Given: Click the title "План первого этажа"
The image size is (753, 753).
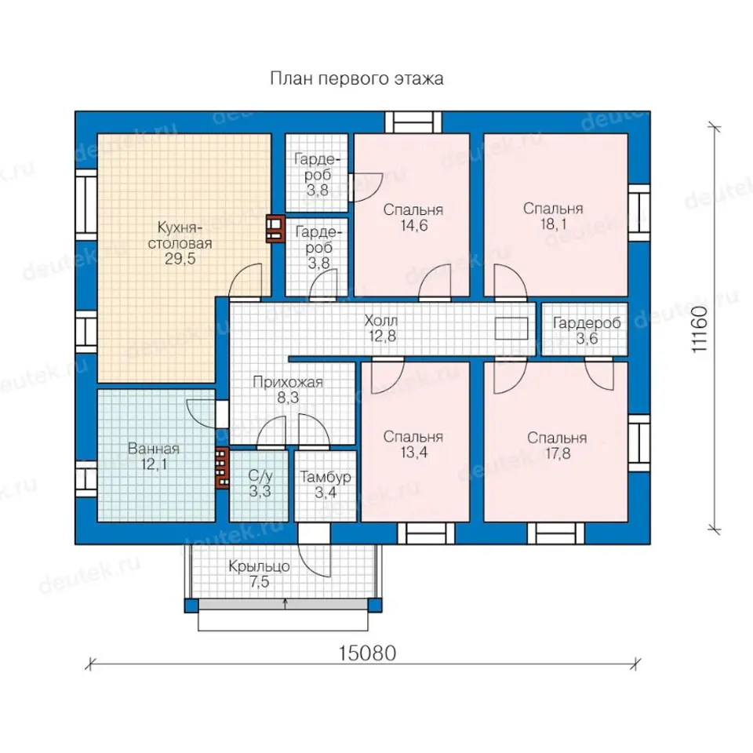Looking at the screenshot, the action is (x=357, y=78).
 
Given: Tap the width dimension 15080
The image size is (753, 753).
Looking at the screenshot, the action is (x=367, y=653).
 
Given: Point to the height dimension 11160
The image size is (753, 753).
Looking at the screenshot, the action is (x=700, y=329).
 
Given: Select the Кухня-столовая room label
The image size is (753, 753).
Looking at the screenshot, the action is (x=180, y=235).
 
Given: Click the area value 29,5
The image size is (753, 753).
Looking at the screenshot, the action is (x=180, y=259).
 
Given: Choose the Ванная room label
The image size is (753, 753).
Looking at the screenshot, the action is (x=154, y=449).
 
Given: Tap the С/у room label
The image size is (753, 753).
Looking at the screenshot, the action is (x=260, y=476).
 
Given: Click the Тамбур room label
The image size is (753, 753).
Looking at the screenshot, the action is (x=326, y=477).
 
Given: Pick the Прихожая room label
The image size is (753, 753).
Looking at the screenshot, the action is (x=288, y=382).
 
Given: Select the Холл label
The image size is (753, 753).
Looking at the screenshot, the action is (x=381, y=320).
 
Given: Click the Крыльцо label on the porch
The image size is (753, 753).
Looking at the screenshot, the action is (x=259, y=566).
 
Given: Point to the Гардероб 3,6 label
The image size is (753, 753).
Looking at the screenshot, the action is (x=587, y=330).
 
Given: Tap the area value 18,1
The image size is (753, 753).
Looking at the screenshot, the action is (x=554, y=224).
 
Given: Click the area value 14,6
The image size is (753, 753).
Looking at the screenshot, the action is (x=414, y=225).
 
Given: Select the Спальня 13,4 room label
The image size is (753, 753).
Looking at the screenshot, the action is (x=413, y=444).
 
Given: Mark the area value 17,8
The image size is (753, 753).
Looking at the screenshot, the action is (x=558, y=453).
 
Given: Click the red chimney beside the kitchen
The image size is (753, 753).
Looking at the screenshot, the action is (x=275, y=228).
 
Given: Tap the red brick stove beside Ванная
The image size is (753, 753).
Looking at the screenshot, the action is (x=221, y=467).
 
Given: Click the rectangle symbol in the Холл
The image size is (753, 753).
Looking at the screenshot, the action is (x=511, y=329).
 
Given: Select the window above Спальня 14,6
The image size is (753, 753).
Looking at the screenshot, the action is (x=413, y=122).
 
